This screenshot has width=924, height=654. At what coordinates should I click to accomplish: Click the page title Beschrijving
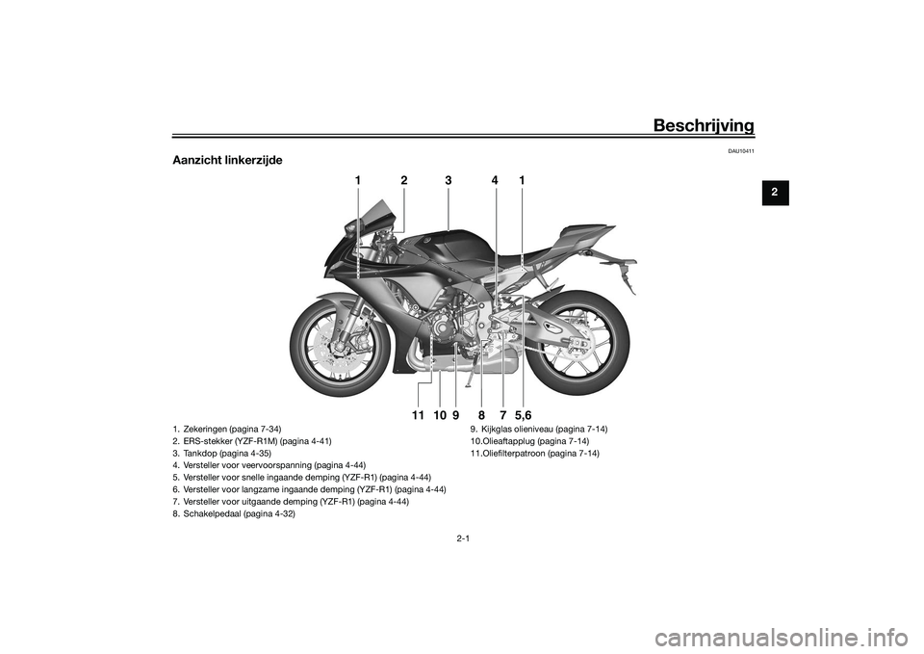[704, 125]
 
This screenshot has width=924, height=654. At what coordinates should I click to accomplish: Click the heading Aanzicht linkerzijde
[227, 160]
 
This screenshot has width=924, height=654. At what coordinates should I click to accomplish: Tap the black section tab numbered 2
[775, 193]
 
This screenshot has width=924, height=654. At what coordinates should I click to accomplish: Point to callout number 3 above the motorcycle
[449, 182]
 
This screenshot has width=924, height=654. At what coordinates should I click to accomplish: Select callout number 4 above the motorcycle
[495, 182]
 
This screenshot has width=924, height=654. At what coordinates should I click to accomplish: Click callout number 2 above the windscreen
[403, 182]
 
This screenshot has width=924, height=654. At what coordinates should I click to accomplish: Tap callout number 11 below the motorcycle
[418, 416]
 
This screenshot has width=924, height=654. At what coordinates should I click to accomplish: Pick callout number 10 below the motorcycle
[440, 416]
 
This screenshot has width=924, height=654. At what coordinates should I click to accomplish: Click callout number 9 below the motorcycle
[456, 416]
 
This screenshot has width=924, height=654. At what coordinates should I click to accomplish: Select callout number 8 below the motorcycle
[481, 416]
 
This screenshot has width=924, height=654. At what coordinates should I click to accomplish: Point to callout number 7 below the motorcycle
[502, 416]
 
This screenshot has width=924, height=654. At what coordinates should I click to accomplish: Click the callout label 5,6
[524, 416]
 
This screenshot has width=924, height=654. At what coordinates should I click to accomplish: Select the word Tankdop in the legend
[199, 454]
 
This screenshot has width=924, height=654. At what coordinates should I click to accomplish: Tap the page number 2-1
[463, 538]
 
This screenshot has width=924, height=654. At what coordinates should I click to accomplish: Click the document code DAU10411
[741, 151]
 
